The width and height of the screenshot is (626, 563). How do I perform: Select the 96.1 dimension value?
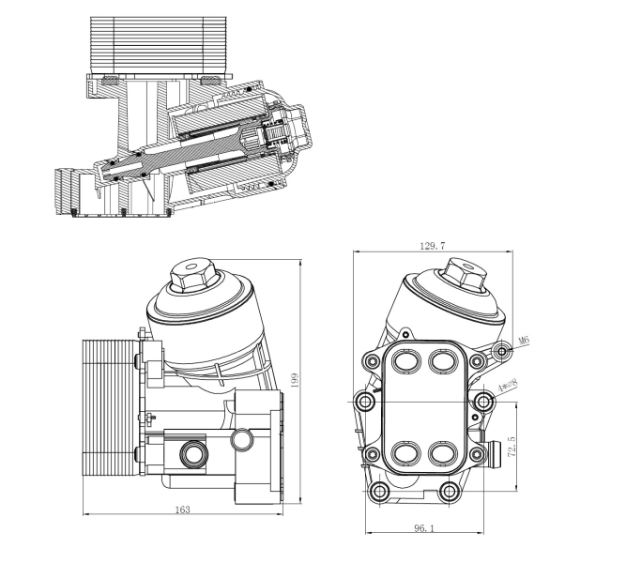coord(424,528)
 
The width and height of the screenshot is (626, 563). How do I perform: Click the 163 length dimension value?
coord(183,510)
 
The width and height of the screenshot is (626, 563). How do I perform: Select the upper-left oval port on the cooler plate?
coord(406,359)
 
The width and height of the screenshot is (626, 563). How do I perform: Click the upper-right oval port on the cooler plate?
coord(441,359)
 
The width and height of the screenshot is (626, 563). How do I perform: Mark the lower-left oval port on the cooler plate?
coord(406,452)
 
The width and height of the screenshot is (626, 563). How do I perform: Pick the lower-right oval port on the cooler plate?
coord(441,452)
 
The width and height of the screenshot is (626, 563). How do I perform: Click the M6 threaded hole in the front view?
coord(503,352)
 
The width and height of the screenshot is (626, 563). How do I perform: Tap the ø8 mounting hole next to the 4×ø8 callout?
coord(484,401)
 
